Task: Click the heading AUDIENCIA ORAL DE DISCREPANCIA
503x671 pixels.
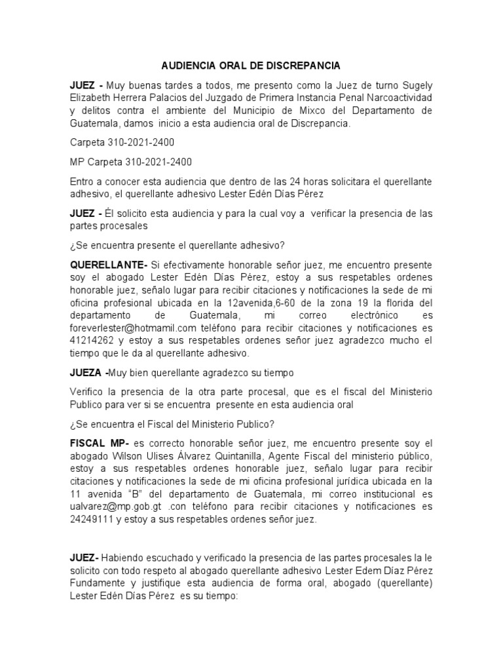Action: click(251, 66)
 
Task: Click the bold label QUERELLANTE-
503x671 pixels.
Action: click(108, 265)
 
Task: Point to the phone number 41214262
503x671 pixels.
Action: click(91, 340)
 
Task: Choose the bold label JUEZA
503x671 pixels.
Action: click(88, 372)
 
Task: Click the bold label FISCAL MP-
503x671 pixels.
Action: click(98, 443)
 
